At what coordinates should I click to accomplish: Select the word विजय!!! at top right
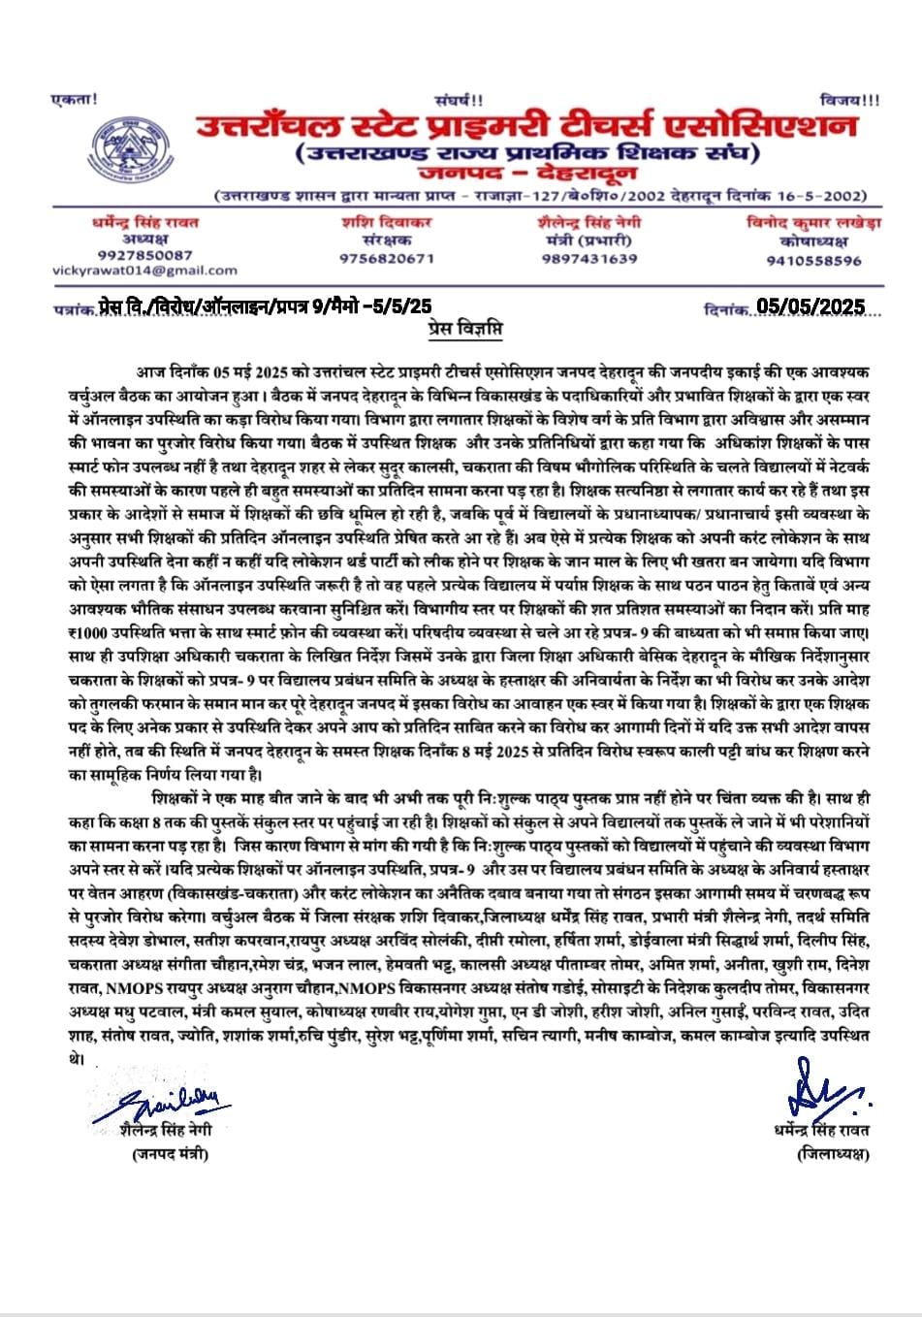click(848, 100)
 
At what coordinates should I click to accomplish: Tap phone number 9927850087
click(145, 255)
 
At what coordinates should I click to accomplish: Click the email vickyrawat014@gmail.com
click(145, 270)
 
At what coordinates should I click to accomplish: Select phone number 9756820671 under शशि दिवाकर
click(386, 258)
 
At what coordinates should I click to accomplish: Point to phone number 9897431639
click(588, 258)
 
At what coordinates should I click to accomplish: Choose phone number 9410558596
click(813, 260)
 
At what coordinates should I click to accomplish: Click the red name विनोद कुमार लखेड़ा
click(813, 222)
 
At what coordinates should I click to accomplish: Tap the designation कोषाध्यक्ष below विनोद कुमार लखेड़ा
click(813, 241)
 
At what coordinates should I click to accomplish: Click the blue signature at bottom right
click(823, 1090)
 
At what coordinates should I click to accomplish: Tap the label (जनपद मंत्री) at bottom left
click(169, 1153)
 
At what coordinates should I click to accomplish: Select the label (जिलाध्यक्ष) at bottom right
click(833, 1153)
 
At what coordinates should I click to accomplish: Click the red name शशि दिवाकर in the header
click(386, 221)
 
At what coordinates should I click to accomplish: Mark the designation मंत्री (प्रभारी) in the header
click(589, 240)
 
